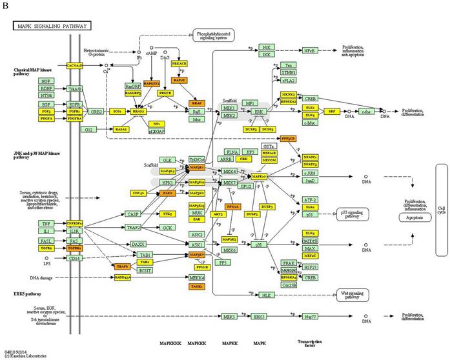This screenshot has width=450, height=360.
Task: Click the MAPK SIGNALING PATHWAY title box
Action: coord(52,26)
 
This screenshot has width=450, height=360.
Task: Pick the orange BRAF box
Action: coord(196,103)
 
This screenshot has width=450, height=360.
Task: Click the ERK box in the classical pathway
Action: coord(260,112)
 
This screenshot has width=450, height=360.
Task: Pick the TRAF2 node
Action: coord(134,228)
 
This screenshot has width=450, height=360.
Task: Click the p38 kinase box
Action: coord(259,245)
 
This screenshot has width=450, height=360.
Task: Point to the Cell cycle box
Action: coord(442,212)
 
